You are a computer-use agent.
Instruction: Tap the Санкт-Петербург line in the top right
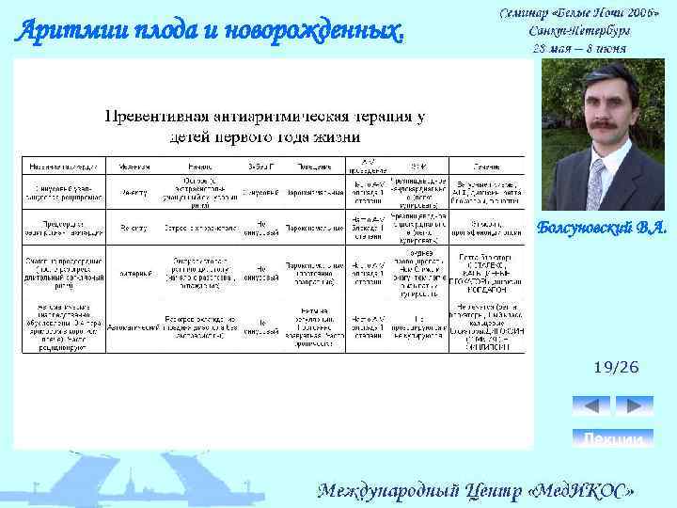[x=579, y=30]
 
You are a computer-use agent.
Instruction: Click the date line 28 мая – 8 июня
[x=579, y=47]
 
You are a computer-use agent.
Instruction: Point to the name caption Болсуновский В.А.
[x=602, y=226]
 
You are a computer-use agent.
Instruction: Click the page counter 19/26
[x=615, y=367]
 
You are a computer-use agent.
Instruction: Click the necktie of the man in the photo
[x=605, y=165]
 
